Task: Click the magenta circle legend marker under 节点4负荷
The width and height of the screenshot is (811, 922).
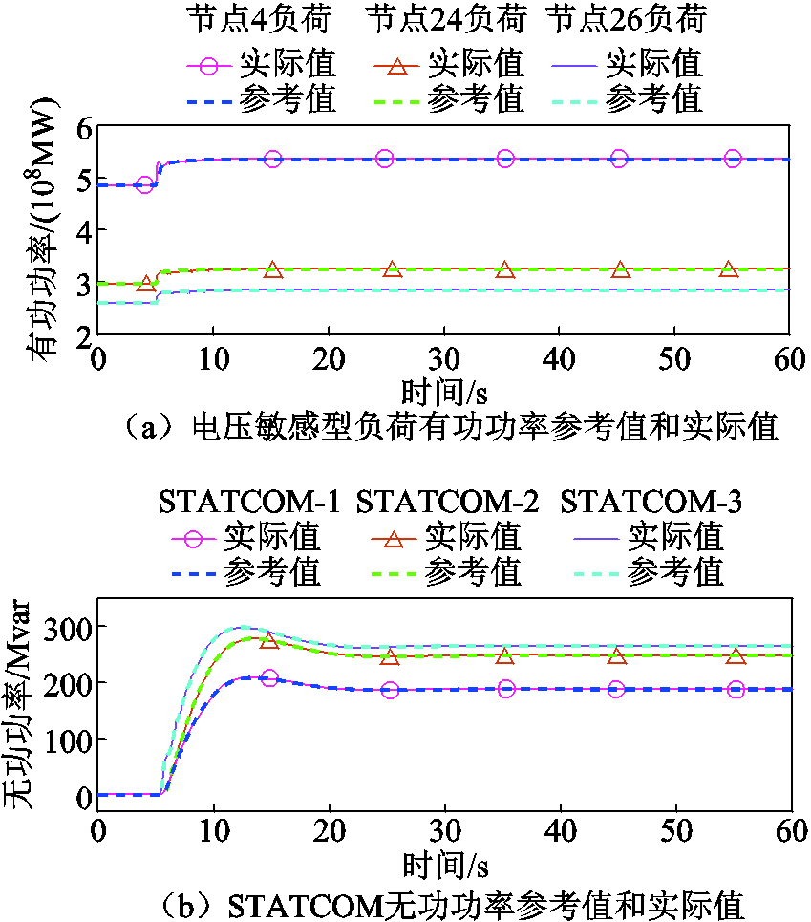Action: click(x=211, y=65)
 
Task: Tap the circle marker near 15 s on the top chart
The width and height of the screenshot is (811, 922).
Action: click(x=273, y=159)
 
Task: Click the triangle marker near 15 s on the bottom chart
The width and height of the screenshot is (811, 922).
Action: click(x=269, y=640)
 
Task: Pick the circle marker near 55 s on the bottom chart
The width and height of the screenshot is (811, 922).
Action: click(x=736, y=689)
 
